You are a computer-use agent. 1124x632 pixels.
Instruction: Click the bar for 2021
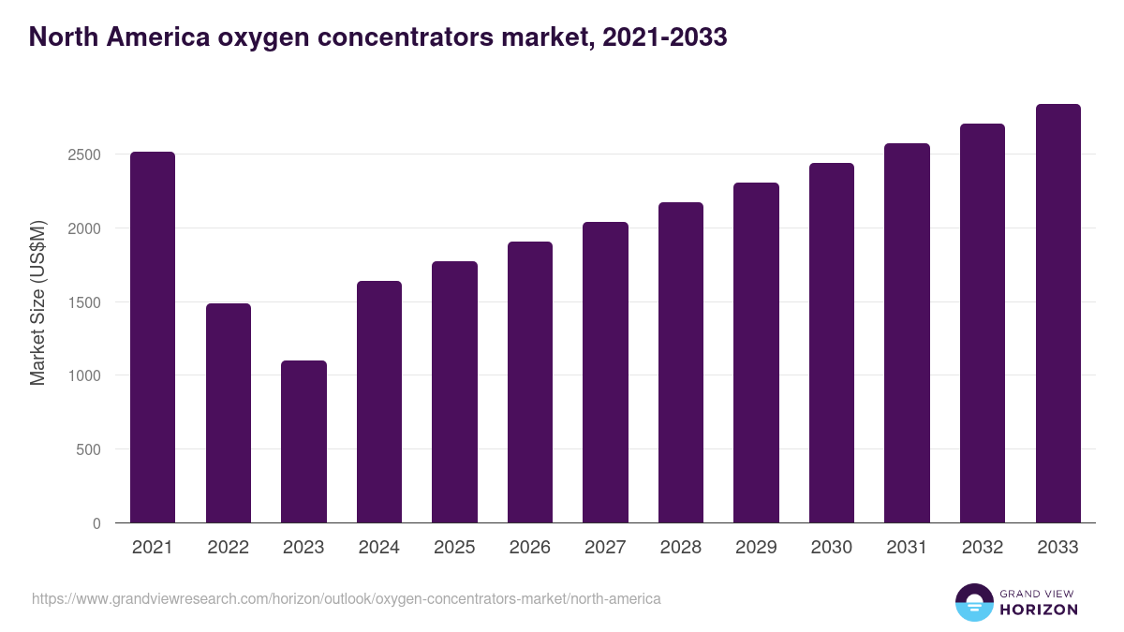coord(153,337)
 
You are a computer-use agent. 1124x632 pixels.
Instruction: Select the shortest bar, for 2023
coord(303,441)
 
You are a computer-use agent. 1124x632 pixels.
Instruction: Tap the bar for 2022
coord(229,413)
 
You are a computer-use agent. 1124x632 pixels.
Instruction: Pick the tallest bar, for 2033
coord(1057,313)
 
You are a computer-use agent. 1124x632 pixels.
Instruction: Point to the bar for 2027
coord(605,372)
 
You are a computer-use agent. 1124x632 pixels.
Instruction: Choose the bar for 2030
coord(832,343)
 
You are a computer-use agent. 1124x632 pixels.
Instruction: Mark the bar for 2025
coord(454,391)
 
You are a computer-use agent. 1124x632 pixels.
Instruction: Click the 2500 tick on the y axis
coord(84,154)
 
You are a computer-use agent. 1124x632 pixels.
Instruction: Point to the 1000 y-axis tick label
coord(84,375)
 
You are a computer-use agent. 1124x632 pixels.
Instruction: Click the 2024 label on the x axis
coord(378,548)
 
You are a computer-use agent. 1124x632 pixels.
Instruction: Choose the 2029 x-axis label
coord(756,548)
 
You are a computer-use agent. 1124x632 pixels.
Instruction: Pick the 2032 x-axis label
coord(983,548)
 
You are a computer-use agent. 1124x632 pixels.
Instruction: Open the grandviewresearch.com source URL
coord(346,598)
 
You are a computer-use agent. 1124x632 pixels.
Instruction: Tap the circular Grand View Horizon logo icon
coord(973,602)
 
